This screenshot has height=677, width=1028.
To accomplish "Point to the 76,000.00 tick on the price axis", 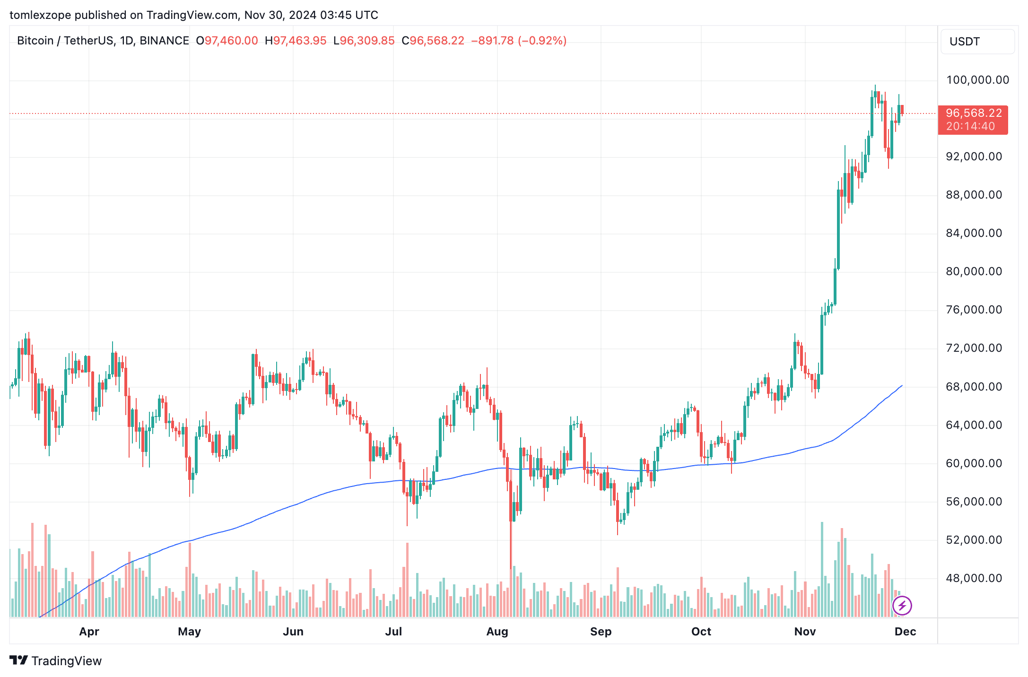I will (x=974, y=310).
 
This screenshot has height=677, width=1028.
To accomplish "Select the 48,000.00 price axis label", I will (x=974, y=578).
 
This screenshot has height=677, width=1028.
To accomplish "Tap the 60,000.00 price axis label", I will (x=974, y=463).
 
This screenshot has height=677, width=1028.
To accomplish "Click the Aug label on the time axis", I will (x=497, y=632).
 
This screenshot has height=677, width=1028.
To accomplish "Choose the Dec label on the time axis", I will (x=905, y=632).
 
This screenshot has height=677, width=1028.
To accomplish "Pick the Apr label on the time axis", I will (x=89, y=632).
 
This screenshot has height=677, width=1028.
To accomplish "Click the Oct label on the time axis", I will (x=701, y=632).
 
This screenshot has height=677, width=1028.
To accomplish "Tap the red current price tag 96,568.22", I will (x=974, y=113).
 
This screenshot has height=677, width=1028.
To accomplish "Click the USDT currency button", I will (x=977, y=42).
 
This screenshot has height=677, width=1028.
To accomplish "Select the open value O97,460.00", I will (x=227, y=41).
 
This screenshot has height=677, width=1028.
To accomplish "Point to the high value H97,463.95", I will (x=296, y=41).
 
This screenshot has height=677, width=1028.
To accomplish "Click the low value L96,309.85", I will (x=364, y=41).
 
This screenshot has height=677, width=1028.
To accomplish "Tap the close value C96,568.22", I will (x=433, y=41).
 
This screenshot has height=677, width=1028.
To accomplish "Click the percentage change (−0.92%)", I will (x=542, y=41).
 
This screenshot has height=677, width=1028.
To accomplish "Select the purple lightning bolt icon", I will (x=902, y=606).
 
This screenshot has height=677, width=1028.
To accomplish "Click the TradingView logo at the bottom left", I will (x=55, y=660).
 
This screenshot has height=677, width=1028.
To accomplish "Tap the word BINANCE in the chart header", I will (x=164, y=41).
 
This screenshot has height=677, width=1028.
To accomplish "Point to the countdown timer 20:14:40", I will (x=970, y=126).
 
